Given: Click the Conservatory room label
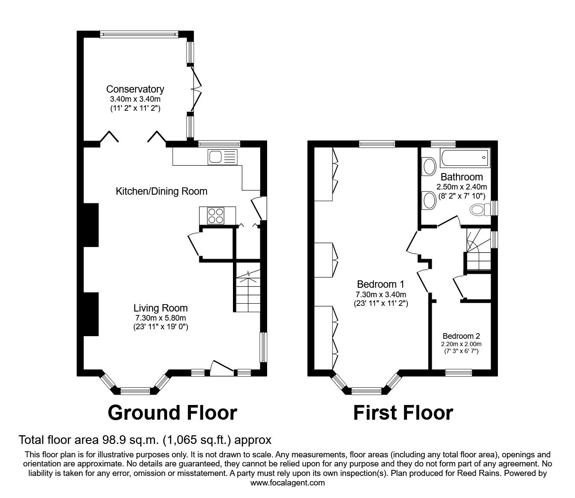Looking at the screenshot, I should pyautogui.click(x=135, y=89).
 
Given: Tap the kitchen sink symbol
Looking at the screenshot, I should pyautogui.click(x=222, y=157).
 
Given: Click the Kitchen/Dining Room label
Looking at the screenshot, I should pyautogui.click(x=162, y=191).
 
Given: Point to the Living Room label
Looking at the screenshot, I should pyautogui.click(x=160, y=308).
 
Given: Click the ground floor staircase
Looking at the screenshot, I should pyautogui.click(x=247, y=289).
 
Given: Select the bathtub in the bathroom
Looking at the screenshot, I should pyautogui.click(x=465, y=158).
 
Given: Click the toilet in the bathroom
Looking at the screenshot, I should pyautogui.click(x=478, y=210).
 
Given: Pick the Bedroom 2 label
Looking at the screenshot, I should pyautogui.click(x=461, y=336).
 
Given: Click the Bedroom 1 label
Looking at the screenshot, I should pyautogui.click(x=381, y=284).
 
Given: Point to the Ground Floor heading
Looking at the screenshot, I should pyautogui.click(x=172, y=413).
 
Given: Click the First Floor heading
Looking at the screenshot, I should pyautogui.click(x=403, y=413).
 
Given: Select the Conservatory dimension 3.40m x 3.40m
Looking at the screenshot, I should pyautogui.click(x=135, y=99).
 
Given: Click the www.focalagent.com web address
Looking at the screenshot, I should pyautogui.click(x=287, y=482).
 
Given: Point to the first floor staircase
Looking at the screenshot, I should pyautogui.click(x=477, y=251).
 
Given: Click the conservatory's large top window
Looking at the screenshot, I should pyautogui.click(x=138, y=34).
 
